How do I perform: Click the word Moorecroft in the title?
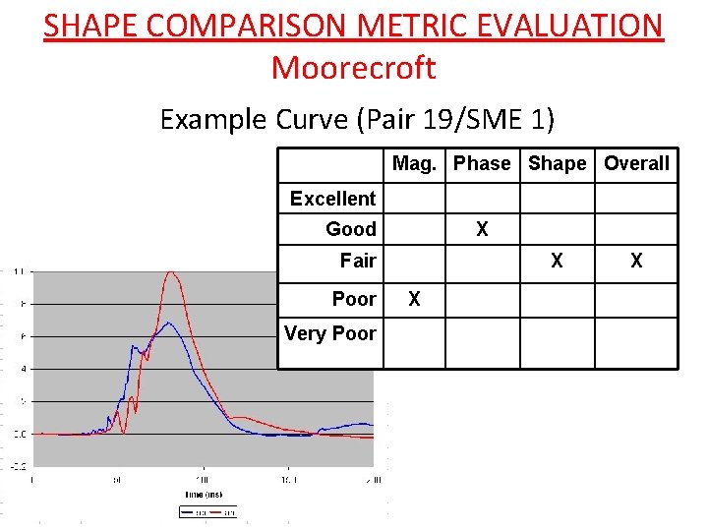pyautogui.click(x=353, y=68)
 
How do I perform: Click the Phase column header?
pyautogui.click(x=482, y=163)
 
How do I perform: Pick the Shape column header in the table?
pyautogui.click(x=557, y=163)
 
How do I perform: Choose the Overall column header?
pyautogui.click(x=636, y=163)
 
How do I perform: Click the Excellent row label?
pyautogui.click(x=332, y=199)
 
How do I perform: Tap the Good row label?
pyautogui.click(x=351, y=229)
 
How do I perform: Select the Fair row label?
pyautogui.click(x=358, y=261)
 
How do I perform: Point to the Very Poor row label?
pyautogui.click(x=330, y=333)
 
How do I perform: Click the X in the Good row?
pyautogui.click(x=482, y=229)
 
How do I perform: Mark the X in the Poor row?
pyautogui.click(x=414, y=298)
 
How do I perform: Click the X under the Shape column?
pyautogui.click(x=557, y=261)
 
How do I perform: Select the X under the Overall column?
pyautogui.click(x=636, y=261)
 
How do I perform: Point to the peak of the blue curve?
pyautogui.click(x=169, y=323)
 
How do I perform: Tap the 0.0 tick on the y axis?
pyautogui.click(x=19, y=434)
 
